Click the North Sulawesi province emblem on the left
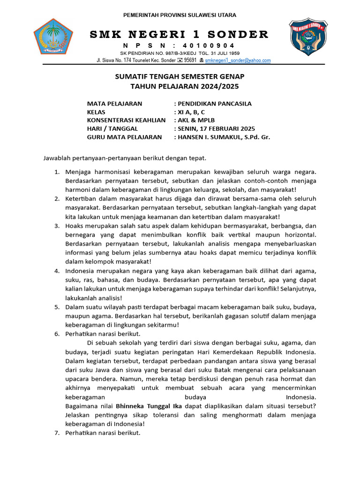[x=53, y=38]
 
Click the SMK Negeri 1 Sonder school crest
[x=307, y=37]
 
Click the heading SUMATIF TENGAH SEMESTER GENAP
[x=180, y=76]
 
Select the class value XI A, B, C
[x=191, y=112]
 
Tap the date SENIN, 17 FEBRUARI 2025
[x=216, y=129]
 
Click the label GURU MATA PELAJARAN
[x=124, y=137]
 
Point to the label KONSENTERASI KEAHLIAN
[x=126, y=120]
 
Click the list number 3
[x=56, y=225]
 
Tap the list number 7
[x=56, y=433]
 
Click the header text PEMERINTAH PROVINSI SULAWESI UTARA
[x=180, y=15]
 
